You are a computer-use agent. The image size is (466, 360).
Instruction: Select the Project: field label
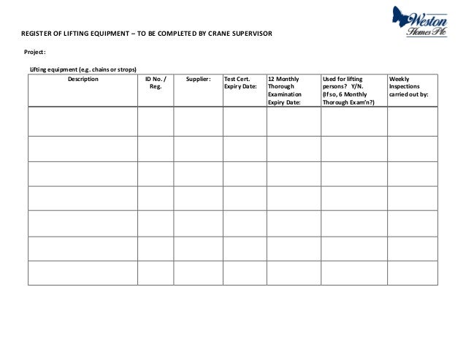(x=35, y=52)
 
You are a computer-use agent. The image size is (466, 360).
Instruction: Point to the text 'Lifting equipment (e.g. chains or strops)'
(x=83, y=69)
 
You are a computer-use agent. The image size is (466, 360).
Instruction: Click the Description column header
(x=83, y=79)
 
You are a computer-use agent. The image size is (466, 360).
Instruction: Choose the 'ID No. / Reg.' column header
(x=155, y=83)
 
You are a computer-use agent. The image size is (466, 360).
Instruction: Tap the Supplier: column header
(x=198, y=79)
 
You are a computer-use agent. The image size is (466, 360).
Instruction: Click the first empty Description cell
(x=83, y=121)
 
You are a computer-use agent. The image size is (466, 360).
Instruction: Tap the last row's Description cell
(x=83, y=272)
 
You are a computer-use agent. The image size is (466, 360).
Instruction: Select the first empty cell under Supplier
(x=198, y=121)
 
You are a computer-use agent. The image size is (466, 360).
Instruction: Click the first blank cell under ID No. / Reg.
(x=155, y=121)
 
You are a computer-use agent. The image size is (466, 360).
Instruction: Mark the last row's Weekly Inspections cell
(x=412, y=272)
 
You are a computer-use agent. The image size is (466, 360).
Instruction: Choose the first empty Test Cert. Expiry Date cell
(x=244, y=121)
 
